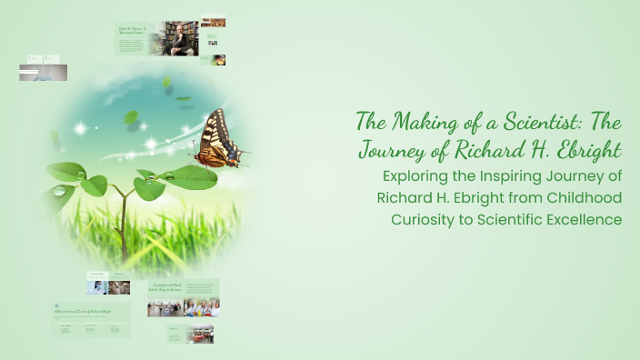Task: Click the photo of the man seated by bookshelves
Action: pyautogui.click(x=174, y=38)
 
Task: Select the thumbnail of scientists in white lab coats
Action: pyautogui.click(x=202, y=307)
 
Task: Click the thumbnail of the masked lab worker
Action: pyautogui.click(x=97, y=287)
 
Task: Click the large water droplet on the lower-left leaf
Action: pyautogui.click(x=61, y=191)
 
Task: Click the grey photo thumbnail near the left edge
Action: pyautogui.click(x=43, y=73)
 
